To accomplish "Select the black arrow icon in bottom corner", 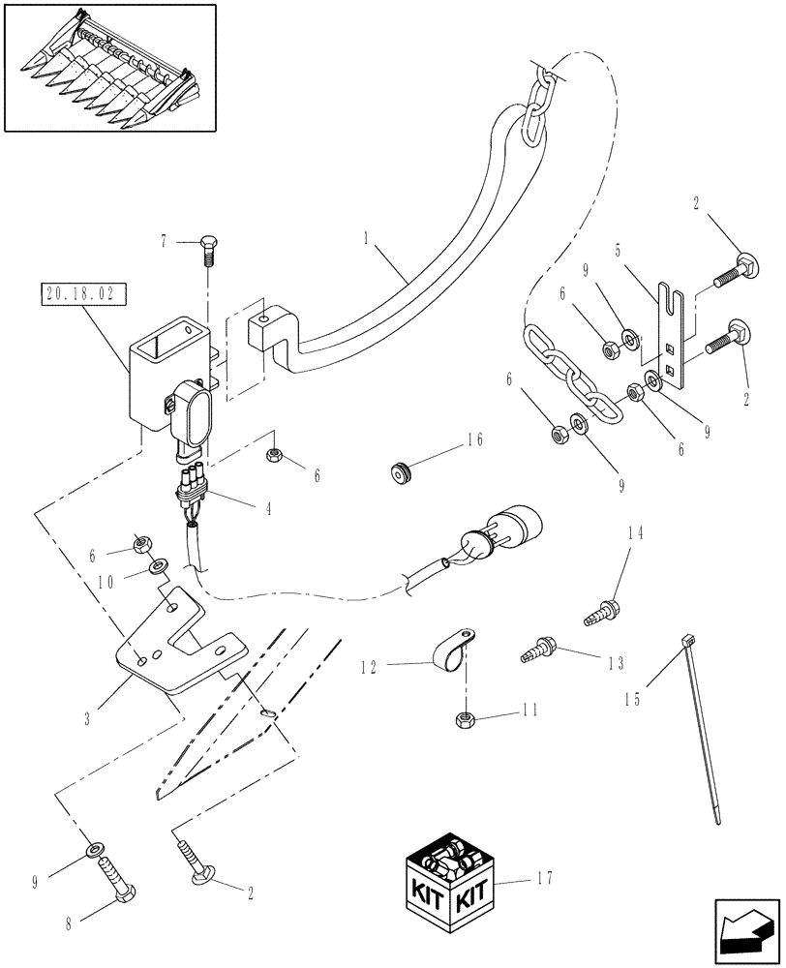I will tap(745, 934).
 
